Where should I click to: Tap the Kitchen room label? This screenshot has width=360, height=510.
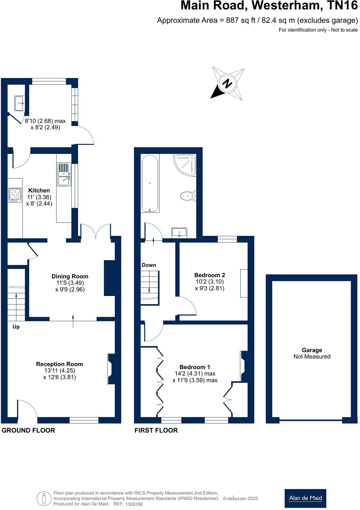click(x=39, y=191)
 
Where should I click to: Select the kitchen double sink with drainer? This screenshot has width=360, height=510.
click(x=64, y=175)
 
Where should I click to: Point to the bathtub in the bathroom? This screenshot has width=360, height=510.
click(x=149, y=183)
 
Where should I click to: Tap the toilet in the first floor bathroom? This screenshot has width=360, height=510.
click(x=188, y=196)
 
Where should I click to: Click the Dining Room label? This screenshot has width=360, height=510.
click(x=70, y=276)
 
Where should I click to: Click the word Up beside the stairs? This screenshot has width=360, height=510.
click(x=16, y=327)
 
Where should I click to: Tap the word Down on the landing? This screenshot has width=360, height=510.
click(x=149, y=265)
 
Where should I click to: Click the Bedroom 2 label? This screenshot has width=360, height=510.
click(x=210, y=275)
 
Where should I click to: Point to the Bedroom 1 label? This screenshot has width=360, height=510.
click(x=195, y=367)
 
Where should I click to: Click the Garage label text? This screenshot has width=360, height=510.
click(x=312, y=350)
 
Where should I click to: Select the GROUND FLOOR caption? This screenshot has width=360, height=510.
click(x=28, y=430)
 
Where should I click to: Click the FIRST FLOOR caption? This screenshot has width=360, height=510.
click(x=156, y=430)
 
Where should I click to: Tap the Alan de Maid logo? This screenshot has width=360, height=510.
click(x=305, y=498)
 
